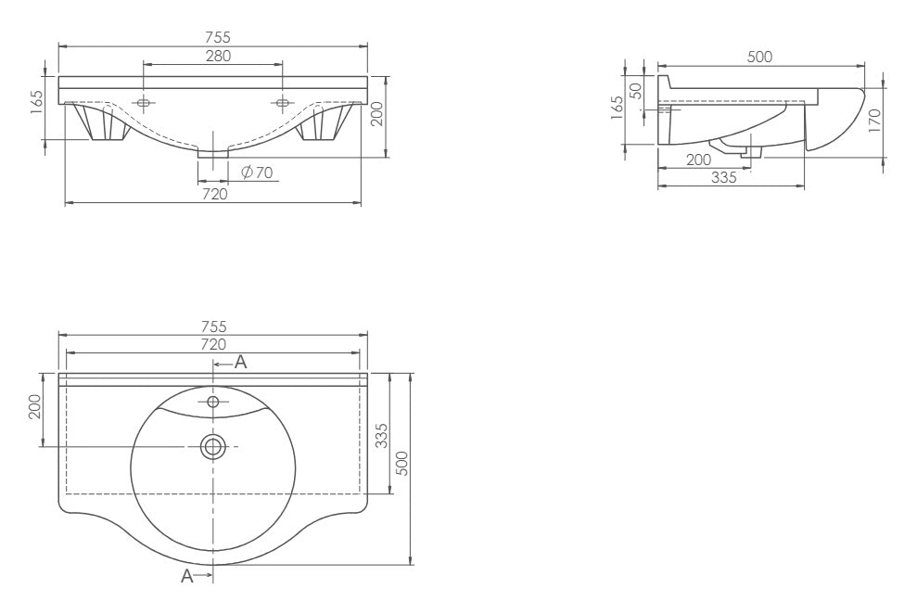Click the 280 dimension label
click(218, 57)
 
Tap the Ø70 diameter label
click(257, 173)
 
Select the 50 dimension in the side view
click(635, 91)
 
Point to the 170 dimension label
click(874, 121)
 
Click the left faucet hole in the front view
click(144, 104)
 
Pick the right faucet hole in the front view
click(282, 104)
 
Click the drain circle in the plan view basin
click(213, 447)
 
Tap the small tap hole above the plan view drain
click(213, 402)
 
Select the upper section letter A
click(240, 363)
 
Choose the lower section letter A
click(186, 576)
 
